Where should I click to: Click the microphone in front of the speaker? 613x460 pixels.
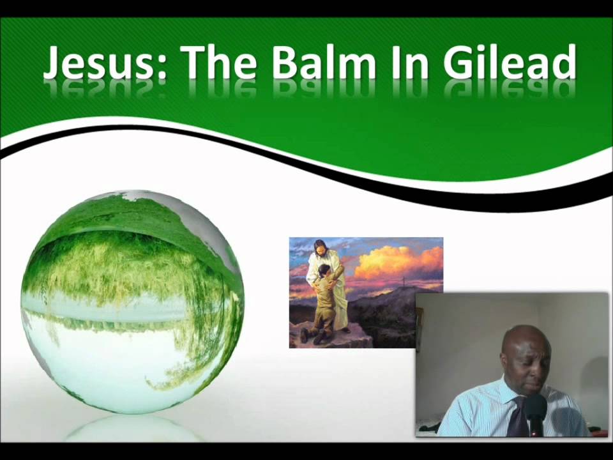(x=534, y=409)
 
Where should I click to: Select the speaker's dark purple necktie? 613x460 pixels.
(x=518, y=418)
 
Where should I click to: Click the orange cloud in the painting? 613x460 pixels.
(x=396, y=262)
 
